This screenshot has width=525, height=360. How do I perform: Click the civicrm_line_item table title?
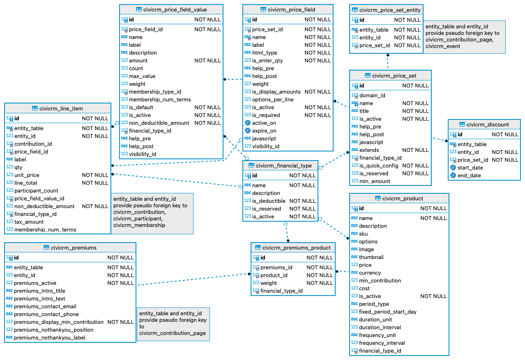(x=61, y=108)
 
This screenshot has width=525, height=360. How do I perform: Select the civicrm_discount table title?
(x=488, y=124)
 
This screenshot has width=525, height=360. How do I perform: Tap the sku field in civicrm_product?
(x=363, y=234)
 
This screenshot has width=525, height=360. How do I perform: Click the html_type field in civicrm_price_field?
(x=265, y=53)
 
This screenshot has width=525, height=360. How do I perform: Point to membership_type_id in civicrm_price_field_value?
(x=155, y=92)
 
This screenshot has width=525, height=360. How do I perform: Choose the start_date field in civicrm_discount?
(x=470, y=167)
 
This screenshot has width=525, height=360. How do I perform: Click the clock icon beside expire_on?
(x=248, y=131)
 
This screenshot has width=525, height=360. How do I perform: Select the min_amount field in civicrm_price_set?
(x=375, y=181)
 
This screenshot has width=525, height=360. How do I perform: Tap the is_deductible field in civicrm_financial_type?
(x=269, y=201)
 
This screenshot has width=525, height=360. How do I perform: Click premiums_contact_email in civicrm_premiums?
(x=45, y=306)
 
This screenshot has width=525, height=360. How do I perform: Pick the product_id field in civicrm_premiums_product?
(x=274, y=275)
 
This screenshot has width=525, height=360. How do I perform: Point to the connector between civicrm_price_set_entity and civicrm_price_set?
(x=387, y=62)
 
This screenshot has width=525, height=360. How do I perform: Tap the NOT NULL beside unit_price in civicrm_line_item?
(x=95, y=175)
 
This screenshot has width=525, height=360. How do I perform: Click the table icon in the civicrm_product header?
(x=378, y=198)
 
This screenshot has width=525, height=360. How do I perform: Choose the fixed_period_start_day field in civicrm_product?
(x=387, y=312)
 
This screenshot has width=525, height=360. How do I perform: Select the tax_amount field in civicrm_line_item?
(x=29, y=222)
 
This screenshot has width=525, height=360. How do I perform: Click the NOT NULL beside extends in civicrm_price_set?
(x=415, y=150)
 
